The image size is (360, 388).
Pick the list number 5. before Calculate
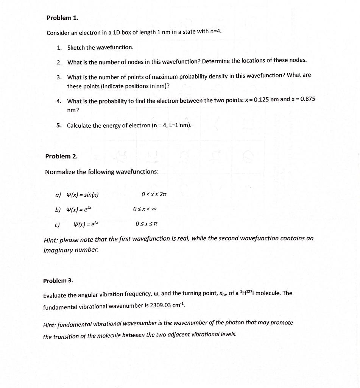pyautogui.click(x=59, y=125)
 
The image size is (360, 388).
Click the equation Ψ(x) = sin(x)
pyautogui.click(x=82, y=195)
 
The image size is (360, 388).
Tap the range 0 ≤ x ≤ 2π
pyautogui.click(x=154, y=195)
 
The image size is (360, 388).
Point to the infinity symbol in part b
pyautogui.click(x=154, y=209)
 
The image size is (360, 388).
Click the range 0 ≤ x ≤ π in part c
pyautogui.click(x=146, y=224)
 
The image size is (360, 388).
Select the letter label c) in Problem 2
pyautogui.click(x=57, y=225)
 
